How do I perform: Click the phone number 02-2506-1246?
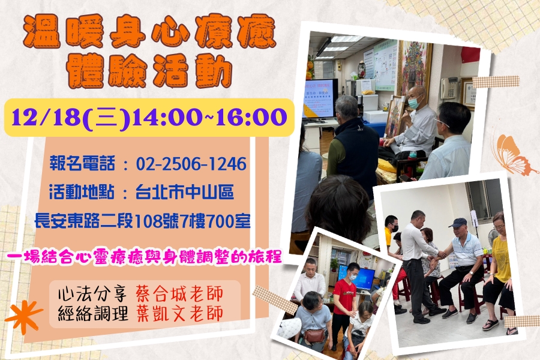(x=191, y=164)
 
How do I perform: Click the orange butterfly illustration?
(x=512, y=155)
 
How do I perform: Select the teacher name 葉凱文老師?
(x=179, y=313)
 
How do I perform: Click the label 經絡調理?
(x=93, y=313)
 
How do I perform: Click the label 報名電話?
(x=82, y=163)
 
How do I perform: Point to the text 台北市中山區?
(x=185, y=192)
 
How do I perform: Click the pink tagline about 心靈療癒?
(x=144, y=257)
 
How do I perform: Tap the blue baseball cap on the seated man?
(x=458, y=223)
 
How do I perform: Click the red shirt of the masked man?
(x=344, y=297)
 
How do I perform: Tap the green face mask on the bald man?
(x=413, y=102)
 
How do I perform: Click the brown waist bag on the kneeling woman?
(x=314, y=335)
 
